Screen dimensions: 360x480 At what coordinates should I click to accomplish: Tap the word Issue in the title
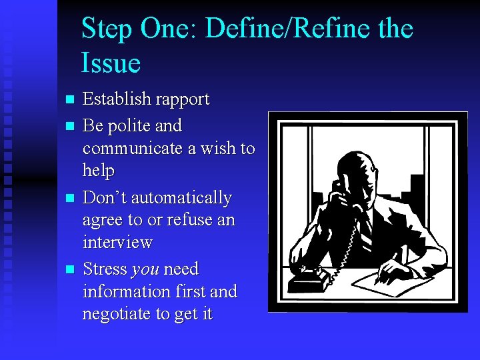click(111, 63)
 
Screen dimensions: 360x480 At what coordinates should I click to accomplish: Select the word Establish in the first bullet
click(116, 100)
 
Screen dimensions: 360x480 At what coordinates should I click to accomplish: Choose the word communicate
click(133, 148)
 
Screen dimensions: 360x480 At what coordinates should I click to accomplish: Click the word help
click(99, 171)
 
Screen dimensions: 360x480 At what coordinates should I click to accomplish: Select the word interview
click(117, 242)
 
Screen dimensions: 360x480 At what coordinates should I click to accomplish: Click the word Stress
click(105, 269)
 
